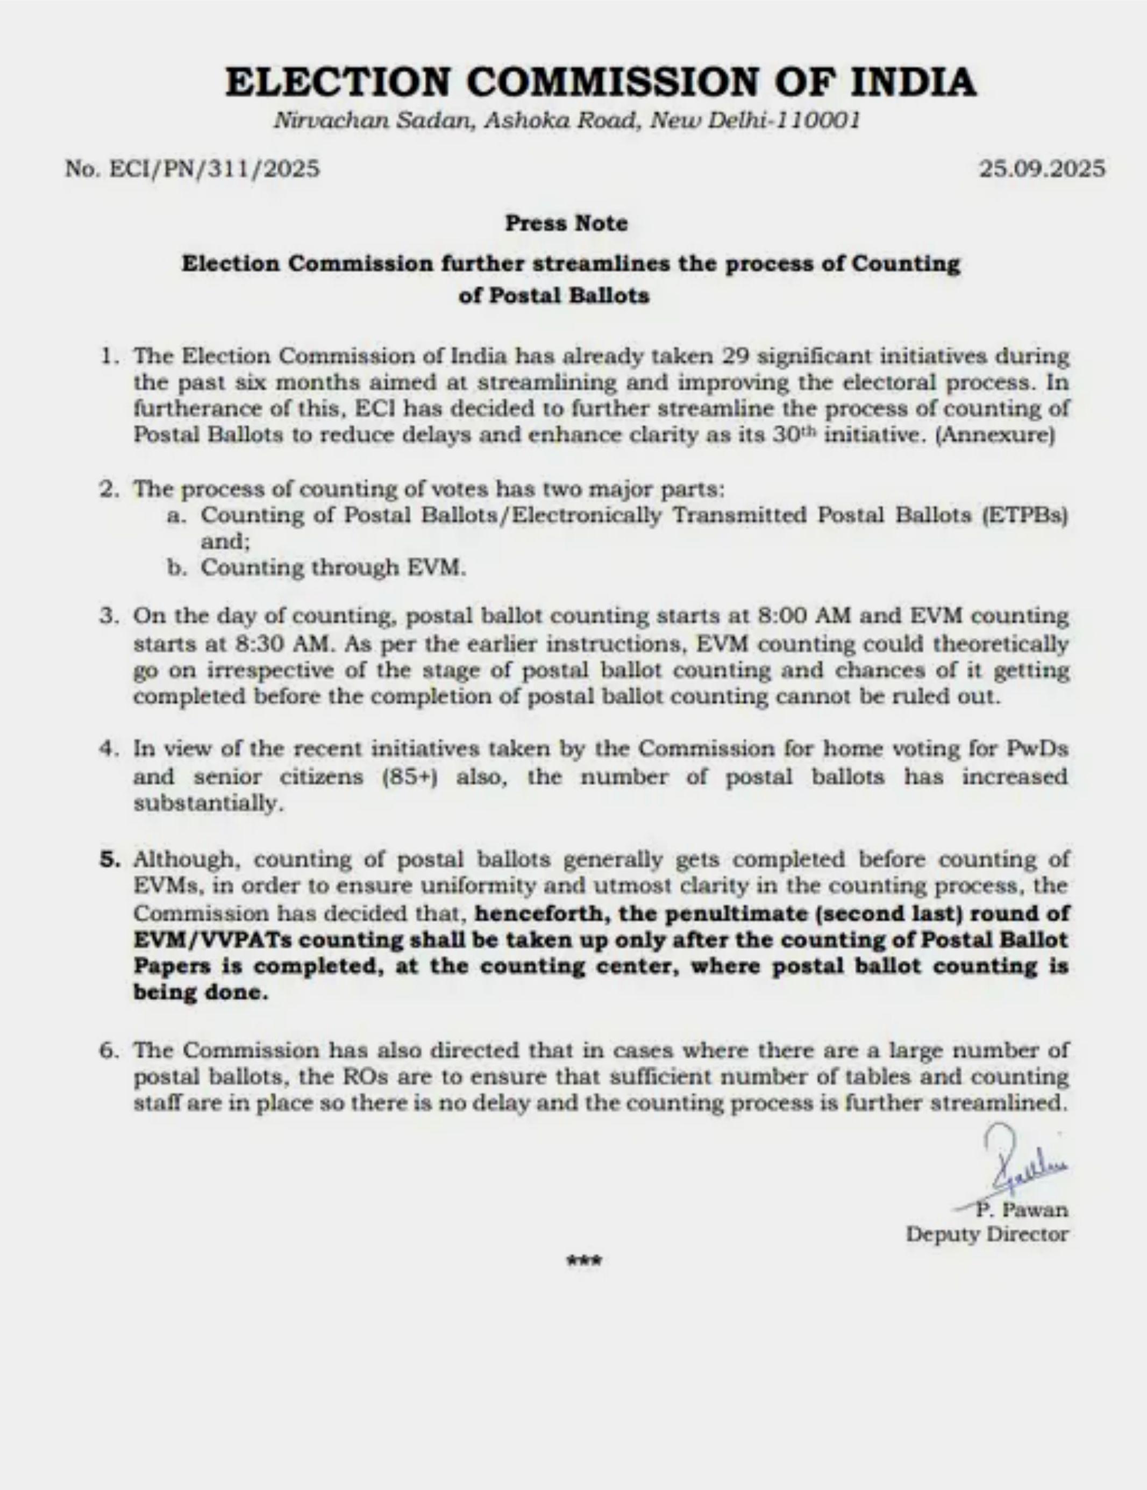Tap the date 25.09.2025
click(1042, 168)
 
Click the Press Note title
click(566, 224)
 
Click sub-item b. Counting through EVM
click(333, 568)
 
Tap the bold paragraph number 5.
click(109, 860)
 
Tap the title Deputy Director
click(987, 1235)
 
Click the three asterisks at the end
click(584, 1261)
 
